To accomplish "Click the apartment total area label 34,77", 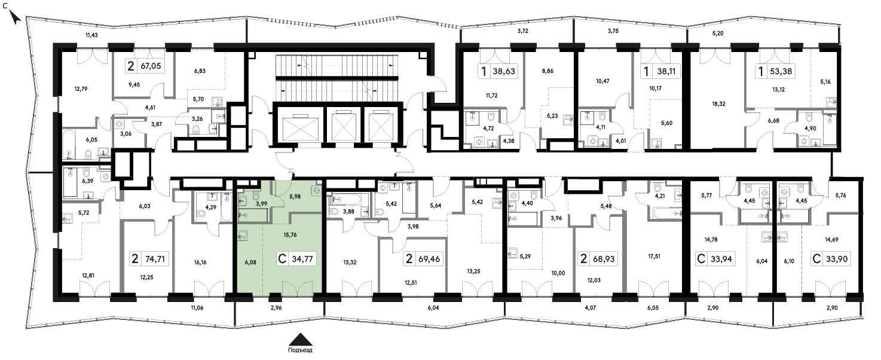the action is pos(302,260).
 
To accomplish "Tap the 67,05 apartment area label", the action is pos(151,66).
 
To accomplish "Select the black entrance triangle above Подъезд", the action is pos(301,340).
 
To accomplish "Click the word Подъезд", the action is pos(300,350).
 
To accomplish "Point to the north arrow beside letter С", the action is pos(15,17).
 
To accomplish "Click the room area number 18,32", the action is pos(718,104).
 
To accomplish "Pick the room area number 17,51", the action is pos(654,256).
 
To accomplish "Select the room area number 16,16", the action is pos(200,263).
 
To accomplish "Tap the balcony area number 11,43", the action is pos(91,35).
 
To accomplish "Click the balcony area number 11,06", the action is pos(197,307).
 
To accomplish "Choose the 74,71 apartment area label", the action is pos(155,260).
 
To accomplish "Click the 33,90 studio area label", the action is pos(837,260).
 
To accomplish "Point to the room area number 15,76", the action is pos(290,235).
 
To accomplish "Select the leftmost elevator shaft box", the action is pos(300,126).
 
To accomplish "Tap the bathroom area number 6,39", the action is pos(88,181).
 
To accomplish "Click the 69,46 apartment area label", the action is pos(429,260).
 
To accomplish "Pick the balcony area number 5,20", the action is pos(718,33).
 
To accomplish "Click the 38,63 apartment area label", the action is pos(504,72).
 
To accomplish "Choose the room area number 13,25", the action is pos(473,271).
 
